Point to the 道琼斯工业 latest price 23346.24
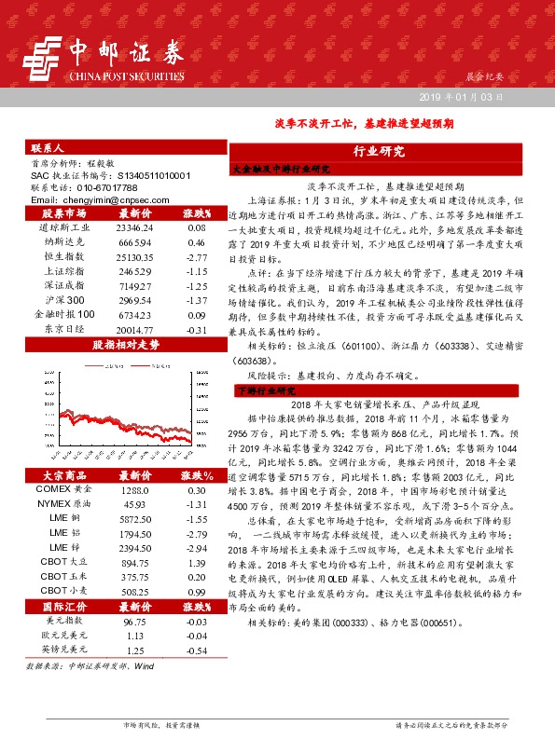(x=133, y=227)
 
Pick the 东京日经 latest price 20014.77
(x=133, y=329)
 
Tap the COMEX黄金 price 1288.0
(x=133, y=489)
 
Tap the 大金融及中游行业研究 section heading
(x=281, y=170)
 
